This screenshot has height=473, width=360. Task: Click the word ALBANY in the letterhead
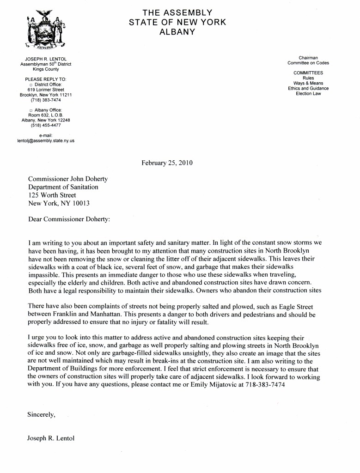177,31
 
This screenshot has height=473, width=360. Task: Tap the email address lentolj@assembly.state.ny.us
45,140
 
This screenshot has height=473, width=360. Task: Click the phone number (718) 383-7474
45,100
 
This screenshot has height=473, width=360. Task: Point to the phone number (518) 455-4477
45,125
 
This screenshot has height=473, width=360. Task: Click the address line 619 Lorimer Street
46,90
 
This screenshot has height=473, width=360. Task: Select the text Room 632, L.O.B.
45,115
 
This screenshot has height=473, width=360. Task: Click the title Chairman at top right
308,58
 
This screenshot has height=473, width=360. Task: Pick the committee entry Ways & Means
308,83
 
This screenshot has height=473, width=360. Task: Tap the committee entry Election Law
308,93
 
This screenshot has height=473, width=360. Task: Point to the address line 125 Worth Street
52,195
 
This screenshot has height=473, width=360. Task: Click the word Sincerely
42,414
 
